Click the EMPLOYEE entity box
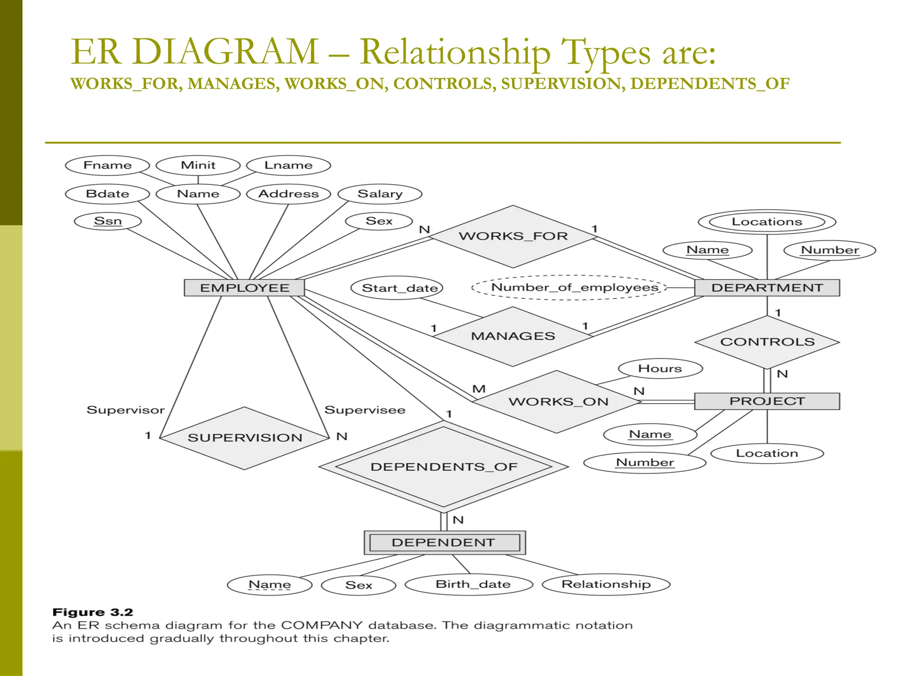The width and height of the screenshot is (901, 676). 244,288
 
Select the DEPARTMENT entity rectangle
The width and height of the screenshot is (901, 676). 767,288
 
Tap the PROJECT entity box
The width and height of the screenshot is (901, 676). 767,401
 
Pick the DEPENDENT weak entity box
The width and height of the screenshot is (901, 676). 444,542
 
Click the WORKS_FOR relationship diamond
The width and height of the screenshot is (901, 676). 513,236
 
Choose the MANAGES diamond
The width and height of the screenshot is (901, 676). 513,336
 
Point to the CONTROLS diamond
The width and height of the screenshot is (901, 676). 767,342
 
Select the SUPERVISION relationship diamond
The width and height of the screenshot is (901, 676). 245,438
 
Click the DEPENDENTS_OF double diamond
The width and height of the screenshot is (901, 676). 443,467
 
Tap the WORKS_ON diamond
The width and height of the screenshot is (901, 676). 558,401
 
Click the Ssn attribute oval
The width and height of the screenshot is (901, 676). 108,221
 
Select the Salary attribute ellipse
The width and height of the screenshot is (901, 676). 380,194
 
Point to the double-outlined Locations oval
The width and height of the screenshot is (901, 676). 767,222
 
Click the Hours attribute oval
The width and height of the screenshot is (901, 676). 660,369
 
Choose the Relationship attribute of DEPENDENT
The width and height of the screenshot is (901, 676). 606,584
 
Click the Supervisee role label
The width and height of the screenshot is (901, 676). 365,410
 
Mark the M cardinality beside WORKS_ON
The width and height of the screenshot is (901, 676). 479,389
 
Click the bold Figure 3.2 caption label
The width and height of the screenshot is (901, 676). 92,612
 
